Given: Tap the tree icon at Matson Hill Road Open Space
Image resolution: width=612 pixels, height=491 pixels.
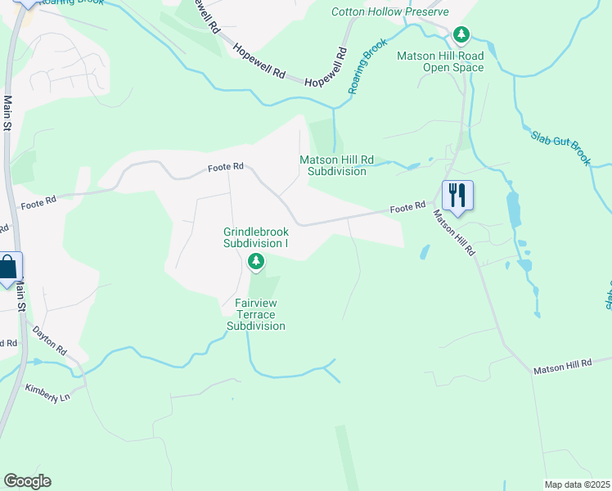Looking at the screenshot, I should [x=461, y=34].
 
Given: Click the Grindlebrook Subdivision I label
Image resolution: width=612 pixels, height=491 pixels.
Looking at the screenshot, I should [x=256, y=237].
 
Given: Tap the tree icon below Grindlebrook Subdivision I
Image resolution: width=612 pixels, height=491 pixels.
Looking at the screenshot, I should [x=256, y=262].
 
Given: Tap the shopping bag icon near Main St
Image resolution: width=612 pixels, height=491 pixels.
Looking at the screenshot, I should [x=8, y=268].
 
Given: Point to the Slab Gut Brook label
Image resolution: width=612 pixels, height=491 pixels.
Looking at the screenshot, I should [x=560, y=148].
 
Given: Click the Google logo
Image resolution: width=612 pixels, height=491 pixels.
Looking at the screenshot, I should [x=27, y=481].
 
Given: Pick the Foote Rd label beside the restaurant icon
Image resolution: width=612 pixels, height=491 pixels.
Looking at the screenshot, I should [x=407, y=208].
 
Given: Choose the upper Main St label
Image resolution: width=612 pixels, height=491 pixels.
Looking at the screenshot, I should [x=8, y=114].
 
